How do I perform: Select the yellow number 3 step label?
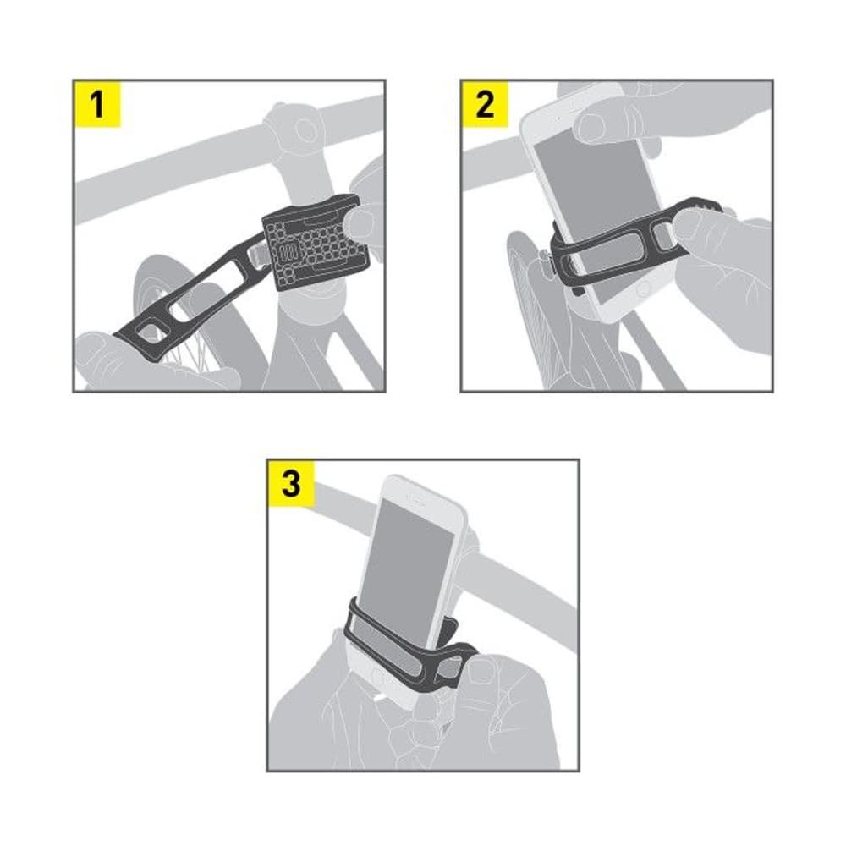click(291, 484)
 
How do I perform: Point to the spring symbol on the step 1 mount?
click(287, 253)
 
